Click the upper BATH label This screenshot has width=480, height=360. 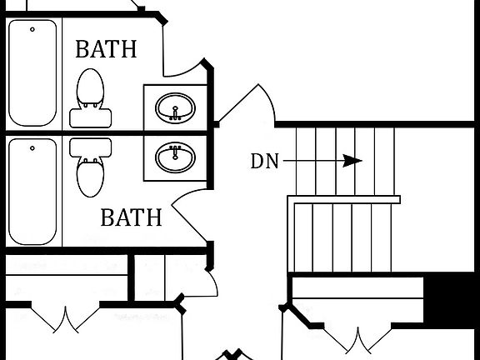[x=106, y=49]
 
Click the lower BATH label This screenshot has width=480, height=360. [x=131, y=218]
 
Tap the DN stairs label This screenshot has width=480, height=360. [x=266, y=162]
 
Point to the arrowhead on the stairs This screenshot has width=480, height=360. [x=353, y=161]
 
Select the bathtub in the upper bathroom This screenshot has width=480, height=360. [x=32, y=73]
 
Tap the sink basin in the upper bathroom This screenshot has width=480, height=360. [x=175, y=107]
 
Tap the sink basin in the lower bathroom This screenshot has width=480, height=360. [x=175, y=155]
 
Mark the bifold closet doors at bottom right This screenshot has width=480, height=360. [x=357, y=339]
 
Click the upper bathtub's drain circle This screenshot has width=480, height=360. [x=33, y=30]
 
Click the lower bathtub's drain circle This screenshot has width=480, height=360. [x=33, y=148]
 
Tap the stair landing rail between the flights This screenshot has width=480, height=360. [x=343, y=199]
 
